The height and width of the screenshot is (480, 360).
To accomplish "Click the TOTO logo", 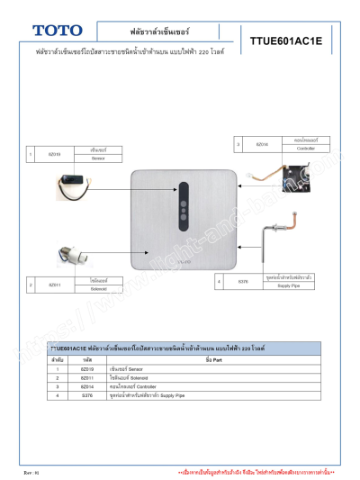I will [57, 31].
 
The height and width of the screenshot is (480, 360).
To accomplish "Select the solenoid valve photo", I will [69, 256].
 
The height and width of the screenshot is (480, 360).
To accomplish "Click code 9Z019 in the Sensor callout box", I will [54, 154].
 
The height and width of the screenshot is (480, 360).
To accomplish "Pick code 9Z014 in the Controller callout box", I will [263, 144].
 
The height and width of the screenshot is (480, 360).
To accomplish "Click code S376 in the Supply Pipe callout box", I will [243, 282].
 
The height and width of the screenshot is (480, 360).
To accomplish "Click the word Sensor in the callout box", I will [99, 158].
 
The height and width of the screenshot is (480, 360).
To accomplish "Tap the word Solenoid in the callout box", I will [99, 289].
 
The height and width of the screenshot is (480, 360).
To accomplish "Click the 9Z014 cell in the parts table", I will [87, 386].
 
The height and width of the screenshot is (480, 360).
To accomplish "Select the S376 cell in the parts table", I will [87, 395].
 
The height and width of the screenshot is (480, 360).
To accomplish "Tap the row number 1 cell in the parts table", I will [57, 368].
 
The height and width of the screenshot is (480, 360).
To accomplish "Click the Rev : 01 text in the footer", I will [32, 472].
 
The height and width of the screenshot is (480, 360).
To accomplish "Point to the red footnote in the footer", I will [256, 472].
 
